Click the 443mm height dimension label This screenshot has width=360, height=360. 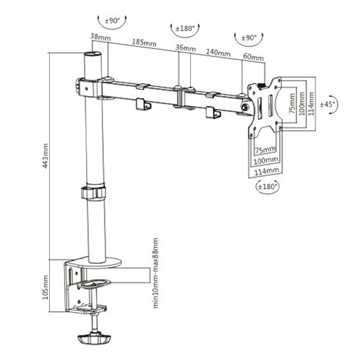click(x=46, y=156)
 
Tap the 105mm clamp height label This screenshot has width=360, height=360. click(x=46, y=287)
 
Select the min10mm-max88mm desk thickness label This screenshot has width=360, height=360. click(x=155, y=273)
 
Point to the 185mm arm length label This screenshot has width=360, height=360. click(x=144, y=43)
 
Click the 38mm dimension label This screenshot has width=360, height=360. click(x=100, y=37)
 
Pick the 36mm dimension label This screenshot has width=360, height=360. click(x=185, y=48)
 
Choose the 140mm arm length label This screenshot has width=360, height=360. click(x=218, y=53)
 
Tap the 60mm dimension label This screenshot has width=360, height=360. click(x=253, y=57)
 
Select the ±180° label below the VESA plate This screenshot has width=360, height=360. click(x=268, y=187)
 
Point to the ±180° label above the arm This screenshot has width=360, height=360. click(x=185, y=29)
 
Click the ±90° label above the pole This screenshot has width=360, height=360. click(x=113, y=20)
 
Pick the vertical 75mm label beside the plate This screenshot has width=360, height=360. click(x=292, y=103)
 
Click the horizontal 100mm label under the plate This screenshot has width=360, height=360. click(x=266, y=160)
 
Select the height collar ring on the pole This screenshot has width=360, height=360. click(x=93, y=193)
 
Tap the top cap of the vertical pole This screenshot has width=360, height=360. click(x=93, y=55)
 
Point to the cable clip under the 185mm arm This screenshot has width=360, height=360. click(x=143, y=104)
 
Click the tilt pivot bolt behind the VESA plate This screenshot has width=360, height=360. click(x=245, y=107)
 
